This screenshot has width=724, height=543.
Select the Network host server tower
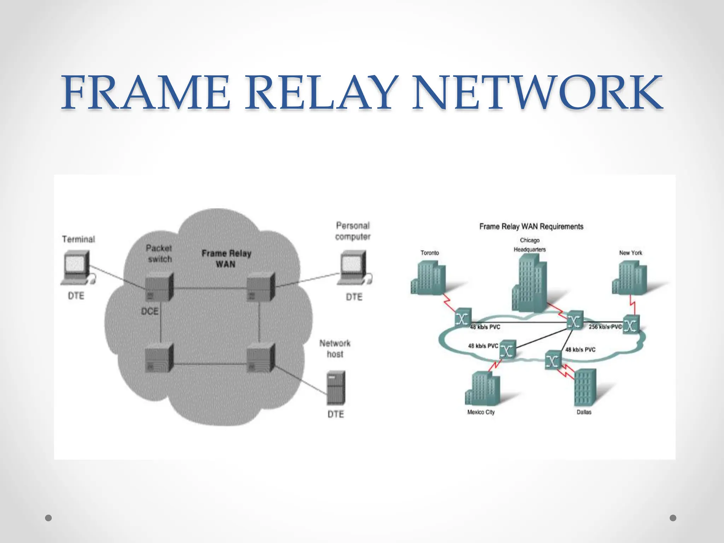coord(336,388)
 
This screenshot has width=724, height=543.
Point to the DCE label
coord(150,311)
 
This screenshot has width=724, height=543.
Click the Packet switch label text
coord(159,253)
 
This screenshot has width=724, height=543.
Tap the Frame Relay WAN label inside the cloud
coord(226,258)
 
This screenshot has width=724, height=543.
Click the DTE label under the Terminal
coord(76,296)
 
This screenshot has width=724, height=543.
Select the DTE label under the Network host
coord(335,414)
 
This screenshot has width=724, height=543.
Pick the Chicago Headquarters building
coord(530,283)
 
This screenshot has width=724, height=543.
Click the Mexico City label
coord(481,412)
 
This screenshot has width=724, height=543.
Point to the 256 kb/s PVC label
coord(605,327)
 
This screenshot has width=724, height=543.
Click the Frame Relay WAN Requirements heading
coord(531,227)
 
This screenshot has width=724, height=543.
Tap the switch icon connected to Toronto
coord(463,318)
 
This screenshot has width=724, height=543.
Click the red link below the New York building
coord(632,307)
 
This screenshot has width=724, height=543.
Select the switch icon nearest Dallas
coord(553,360)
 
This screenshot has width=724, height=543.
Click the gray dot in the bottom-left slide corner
coord(49,518)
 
